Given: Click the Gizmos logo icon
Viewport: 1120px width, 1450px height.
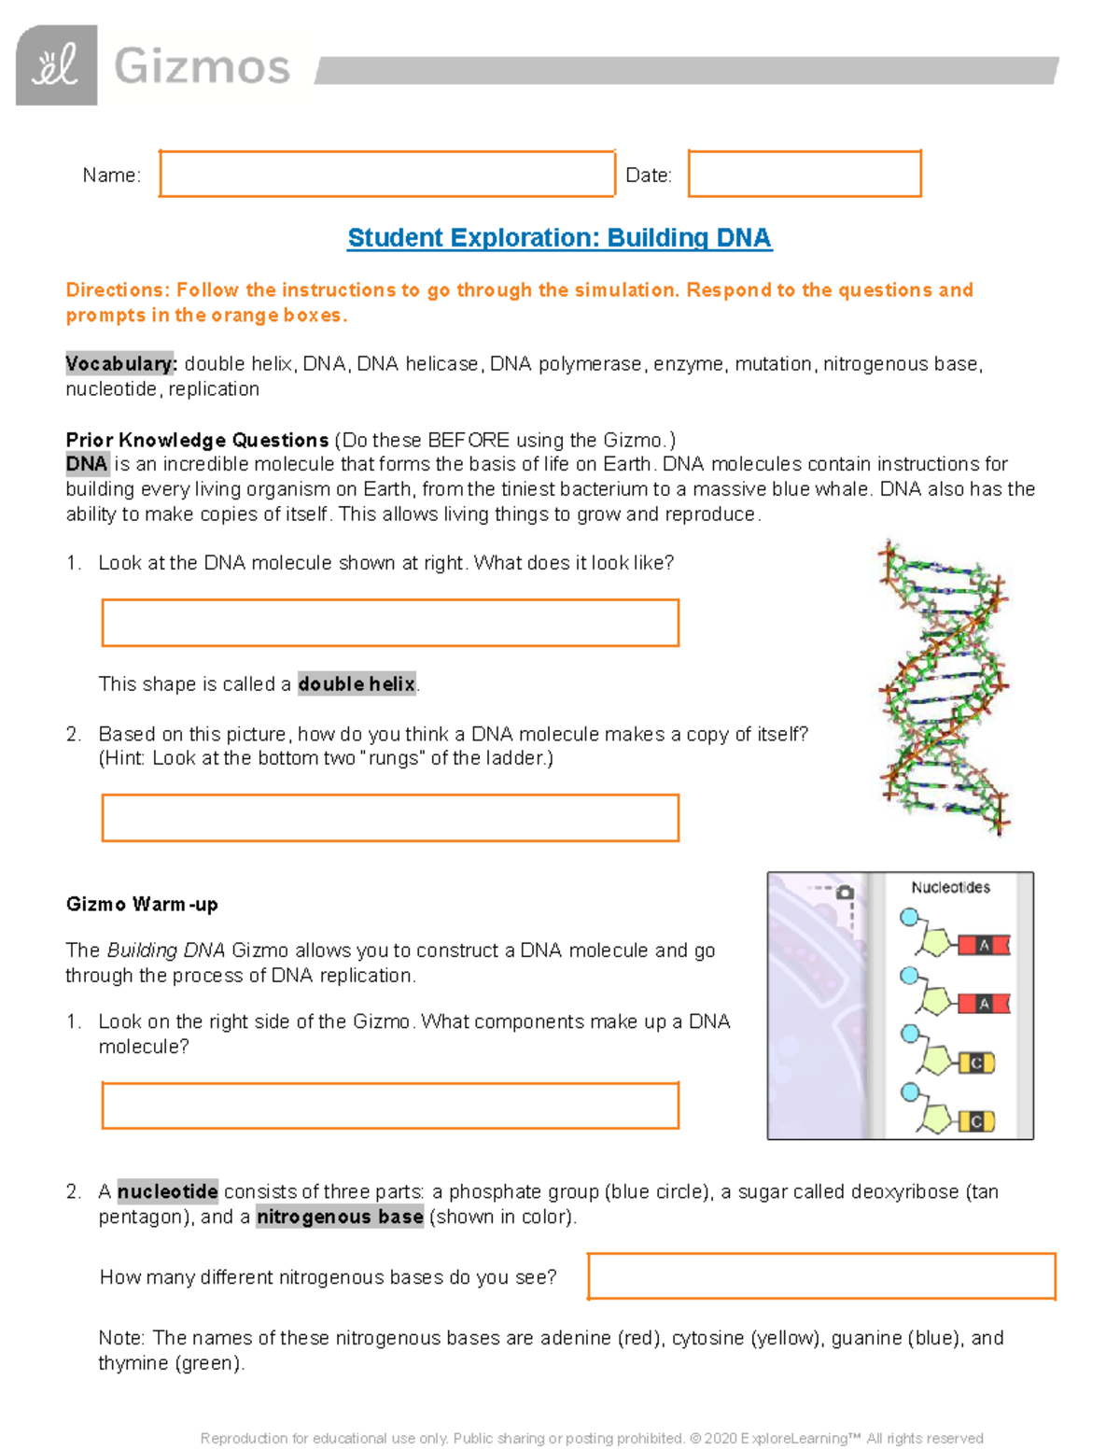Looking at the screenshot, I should click(56, 65).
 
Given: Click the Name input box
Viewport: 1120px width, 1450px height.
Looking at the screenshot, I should click(386, 174).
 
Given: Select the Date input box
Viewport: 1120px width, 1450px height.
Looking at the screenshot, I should click(805, 174).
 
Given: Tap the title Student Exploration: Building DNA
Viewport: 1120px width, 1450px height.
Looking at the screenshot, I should click(559, 238).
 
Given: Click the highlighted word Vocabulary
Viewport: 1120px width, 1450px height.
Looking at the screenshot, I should click(120, 364).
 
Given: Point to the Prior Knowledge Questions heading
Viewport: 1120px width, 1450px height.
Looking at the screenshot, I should click(197, 440).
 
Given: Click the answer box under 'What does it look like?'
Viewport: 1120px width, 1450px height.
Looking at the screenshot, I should click(390, 623).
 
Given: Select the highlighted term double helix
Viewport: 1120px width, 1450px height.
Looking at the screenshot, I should click(357, 684).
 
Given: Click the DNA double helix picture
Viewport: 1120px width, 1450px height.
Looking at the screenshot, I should click(944, 686).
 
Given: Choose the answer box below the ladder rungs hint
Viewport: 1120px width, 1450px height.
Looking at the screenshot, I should click(390, 818).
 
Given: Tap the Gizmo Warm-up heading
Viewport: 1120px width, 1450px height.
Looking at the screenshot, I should click(142, 904).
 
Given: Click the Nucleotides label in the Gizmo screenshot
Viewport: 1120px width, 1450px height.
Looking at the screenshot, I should click(950, 887).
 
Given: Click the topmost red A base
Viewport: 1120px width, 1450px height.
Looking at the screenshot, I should click(984, 946).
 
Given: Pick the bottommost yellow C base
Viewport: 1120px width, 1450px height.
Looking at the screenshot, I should click(976, 1121).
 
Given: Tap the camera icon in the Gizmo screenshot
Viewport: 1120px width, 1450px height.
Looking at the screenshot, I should click(845, 893).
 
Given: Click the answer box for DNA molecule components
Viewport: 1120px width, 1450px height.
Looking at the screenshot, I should click(390, 1105).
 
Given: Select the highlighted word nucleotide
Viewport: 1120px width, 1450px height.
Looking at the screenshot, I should click(167, 1191).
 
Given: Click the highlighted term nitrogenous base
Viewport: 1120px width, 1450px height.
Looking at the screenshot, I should click(340, 1217).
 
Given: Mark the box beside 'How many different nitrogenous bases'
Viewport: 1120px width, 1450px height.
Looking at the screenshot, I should click(821, 1276).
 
